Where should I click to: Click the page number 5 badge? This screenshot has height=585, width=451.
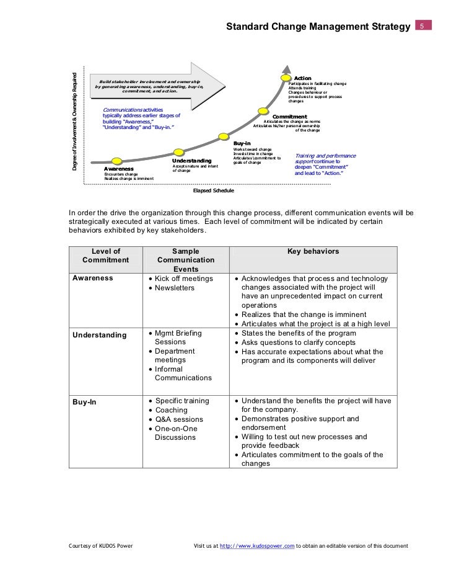point(421,27)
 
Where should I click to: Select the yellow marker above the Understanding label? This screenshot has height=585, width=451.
point(178,150)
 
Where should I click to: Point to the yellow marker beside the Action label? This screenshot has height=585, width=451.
point(286,79)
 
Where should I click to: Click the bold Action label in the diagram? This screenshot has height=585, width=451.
point(302,78)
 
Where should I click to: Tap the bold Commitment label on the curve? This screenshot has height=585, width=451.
point(290,117)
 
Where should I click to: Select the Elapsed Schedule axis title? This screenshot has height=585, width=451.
point(213,191)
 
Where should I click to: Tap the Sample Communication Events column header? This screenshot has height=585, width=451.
point(186,261)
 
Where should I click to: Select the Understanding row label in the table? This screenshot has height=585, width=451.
point(99,335)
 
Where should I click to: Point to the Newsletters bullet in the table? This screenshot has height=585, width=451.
point(174,288)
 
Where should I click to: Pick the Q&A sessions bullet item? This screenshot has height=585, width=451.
point(180,419)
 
